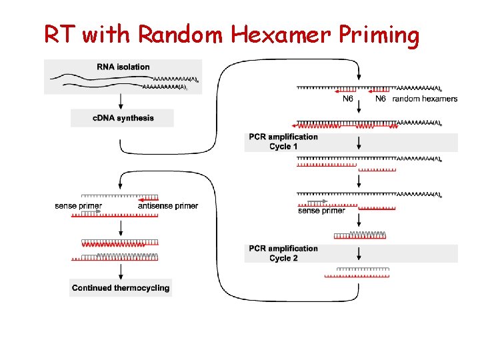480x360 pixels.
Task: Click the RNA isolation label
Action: [123, 67]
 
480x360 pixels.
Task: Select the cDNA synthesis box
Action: [122, 118]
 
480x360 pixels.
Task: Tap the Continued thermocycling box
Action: [121, 288]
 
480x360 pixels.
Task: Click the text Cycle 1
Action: [283, 146]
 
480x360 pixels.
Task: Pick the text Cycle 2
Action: [283, 258]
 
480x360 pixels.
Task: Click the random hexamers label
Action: [425, 99]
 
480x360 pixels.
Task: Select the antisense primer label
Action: [168, 206]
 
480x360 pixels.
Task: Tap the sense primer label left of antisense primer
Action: [79, 206]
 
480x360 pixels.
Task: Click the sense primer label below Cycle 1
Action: [321, 211]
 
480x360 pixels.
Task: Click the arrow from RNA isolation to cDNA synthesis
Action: [121, 101]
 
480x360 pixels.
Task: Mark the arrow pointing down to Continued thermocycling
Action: [121, 271]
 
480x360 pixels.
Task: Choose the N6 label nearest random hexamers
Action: [381, 99]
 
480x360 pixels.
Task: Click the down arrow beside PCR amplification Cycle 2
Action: [359, 253]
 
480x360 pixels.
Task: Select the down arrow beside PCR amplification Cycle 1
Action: [359, 142]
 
